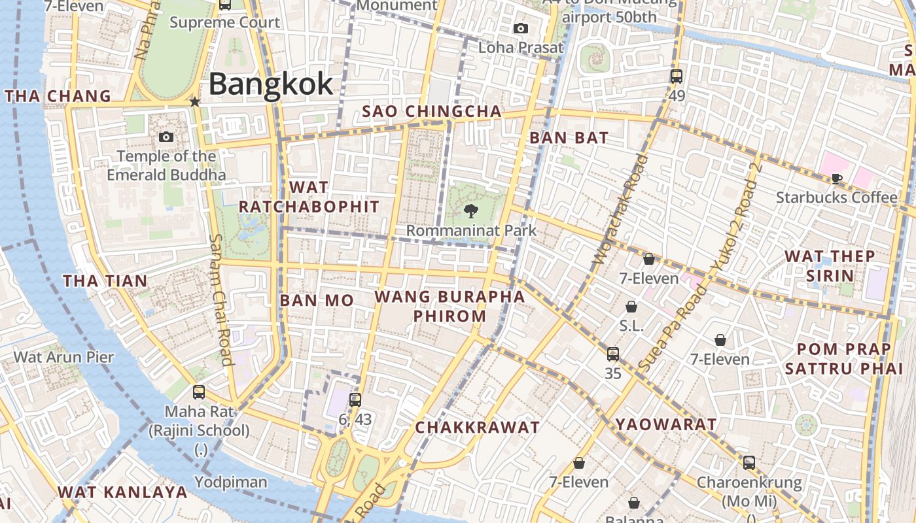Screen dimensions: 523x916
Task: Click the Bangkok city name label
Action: (271, 84)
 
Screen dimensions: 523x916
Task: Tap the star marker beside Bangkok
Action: (194, 102)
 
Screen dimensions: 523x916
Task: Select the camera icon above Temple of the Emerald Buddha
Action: (166, 137)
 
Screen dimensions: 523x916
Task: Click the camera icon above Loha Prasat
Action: (521, 28)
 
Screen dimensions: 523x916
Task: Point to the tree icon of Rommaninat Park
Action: (470, 211)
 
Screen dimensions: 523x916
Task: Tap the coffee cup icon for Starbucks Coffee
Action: (836, 178)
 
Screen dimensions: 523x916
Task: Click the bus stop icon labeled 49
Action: (677, 76)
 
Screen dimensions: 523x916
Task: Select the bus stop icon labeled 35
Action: (612, 354)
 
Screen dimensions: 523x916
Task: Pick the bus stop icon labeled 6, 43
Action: (355, 399)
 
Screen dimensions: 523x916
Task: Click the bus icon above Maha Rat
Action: (199, 392)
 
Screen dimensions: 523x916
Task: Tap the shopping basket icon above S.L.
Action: (631, 307)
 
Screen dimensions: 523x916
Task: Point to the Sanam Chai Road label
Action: (221, 299)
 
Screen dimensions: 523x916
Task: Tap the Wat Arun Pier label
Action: (63, 357)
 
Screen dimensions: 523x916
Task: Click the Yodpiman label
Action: (231, 482)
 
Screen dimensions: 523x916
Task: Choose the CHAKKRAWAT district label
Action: (478, 428)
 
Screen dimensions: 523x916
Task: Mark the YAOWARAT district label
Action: (666, 424)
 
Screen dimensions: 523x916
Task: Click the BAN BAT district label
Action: (569, 138)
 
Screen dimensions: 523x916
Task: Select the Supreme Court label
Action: (224, 22)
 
